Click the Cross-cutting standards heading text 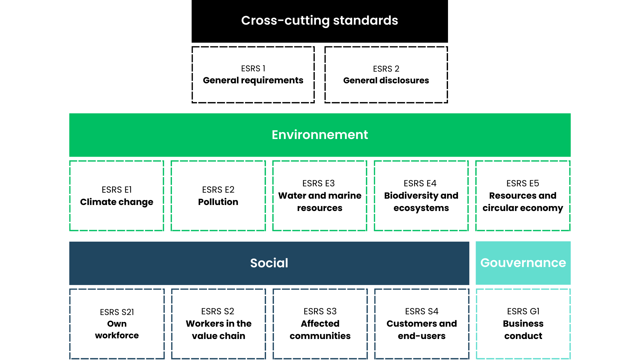point(319,21)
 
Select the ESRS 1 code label point(253,69)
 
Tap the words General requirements point(253,80)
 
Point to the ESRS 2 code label point(386,69)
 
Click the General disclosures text point(386,80)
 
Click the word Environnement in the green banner point(320,135)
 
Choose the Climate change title point(117,202)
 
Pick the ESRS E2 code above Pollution point(218,190)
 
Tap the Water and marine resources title point(320,202)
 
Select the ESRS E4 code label point(420,183)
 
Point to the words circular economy point(523,208)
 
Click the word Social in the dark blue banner point(269,263)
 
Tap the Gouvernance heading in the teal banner point(523,263)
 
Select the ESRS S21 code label point(117,312)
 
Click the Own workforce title point(117,330)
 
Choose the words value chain point(218,336)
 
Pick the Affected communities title point(320,330)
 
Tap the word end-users point(422,336)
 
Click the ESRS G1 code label point(523,311)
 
